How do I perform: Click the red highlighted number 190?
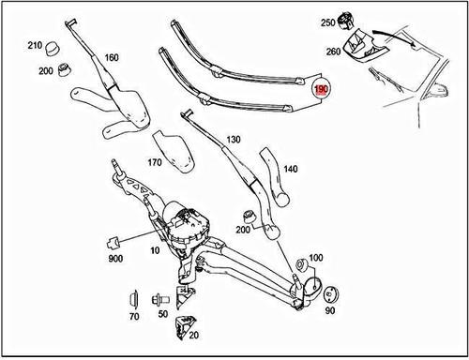[x=321, y=90]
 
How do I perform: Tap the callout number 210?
[x=35, y=45]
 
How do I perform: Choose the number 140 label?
[x=290, y=169]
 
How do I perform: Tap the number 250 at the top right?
[x=327, y=22]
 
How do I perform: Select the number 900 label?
[x=114, y=258]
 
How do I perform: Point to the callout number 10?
[x=154, y=252]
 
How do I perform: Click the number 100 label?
[x=315, y=257]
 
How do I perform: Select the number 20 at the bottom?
[x=193, y=335]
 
